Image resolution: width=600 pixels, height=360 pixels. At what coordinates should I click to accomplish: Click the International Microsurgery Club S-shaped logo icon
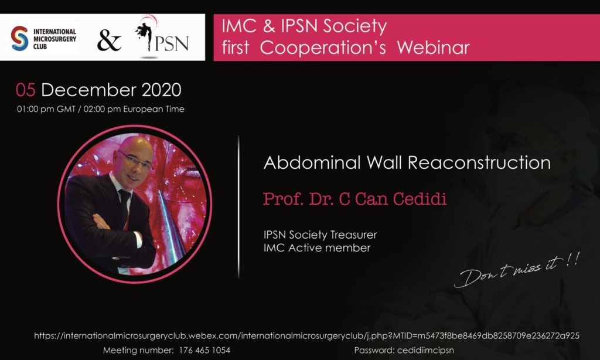(x=19, y=38)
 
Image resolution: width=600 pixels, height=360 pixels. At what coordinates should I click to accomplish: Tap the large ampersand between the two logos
(x=109, y=40)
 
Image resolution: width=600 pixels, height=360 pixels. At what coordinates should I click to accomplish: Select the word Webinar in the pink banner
(x=433, y=48)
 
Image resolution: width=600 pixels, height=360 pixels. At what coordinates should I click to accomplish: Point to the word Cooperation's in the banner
(x=323, y=48)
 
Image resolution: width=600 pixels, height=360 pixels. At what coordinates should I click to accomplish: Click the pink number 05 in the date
(x=26, y=90)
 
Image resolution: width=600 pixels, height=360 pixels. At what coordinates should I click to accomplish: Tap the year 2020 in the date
(x=161, y=90)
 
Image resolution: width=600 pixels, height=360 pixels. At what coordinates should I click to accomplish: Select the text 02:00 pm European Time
(x=134, y=109)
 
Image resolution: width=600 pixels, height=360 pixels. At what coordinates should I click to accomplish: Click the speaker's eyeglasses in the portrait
(x=135, y=160)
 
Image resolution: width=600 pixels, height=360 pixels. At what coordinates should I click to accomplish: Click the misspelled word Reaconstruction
(x=479, y=162)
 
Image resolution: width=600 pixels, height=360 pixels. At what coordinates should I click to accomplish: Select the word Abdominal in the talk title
(x=312, y=162)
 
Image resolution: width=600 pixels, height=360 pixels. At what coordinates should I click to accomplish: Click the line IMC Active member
(x=317, y=248)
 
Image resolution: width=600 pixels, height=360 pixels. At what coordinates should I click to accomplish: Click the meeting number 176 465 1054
(x=204, y=350)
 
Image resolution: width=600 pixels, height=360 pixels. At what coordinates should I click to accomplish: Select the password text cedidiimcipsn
(x=425, y=351)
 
